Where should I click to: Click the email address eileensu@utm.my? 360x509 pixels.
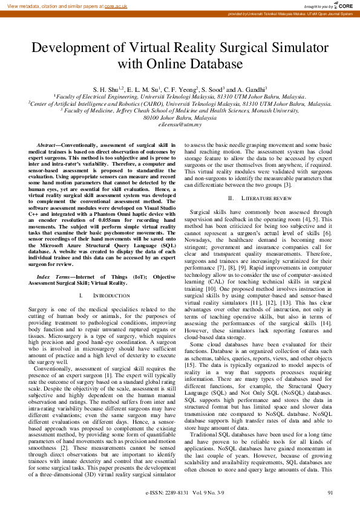coord(180,125)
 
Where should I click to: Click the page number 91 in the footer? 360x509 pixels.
coord(330,493)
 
